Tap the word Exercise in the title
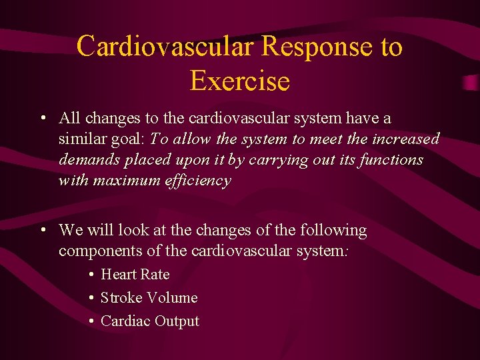(x=239, y=81)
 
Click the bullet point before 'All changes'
(x=42, y=119)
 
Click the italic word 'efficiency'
(x=198, y=180)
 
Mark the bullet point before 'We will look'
(x=42, y=231)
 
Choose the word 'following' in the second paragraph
(x=333, y=230)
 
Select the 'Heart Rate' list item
(x=135, y=274)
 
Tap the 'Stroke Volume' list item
(x=149, y=297)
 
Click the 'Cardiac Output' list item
(x=149, y=321)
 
